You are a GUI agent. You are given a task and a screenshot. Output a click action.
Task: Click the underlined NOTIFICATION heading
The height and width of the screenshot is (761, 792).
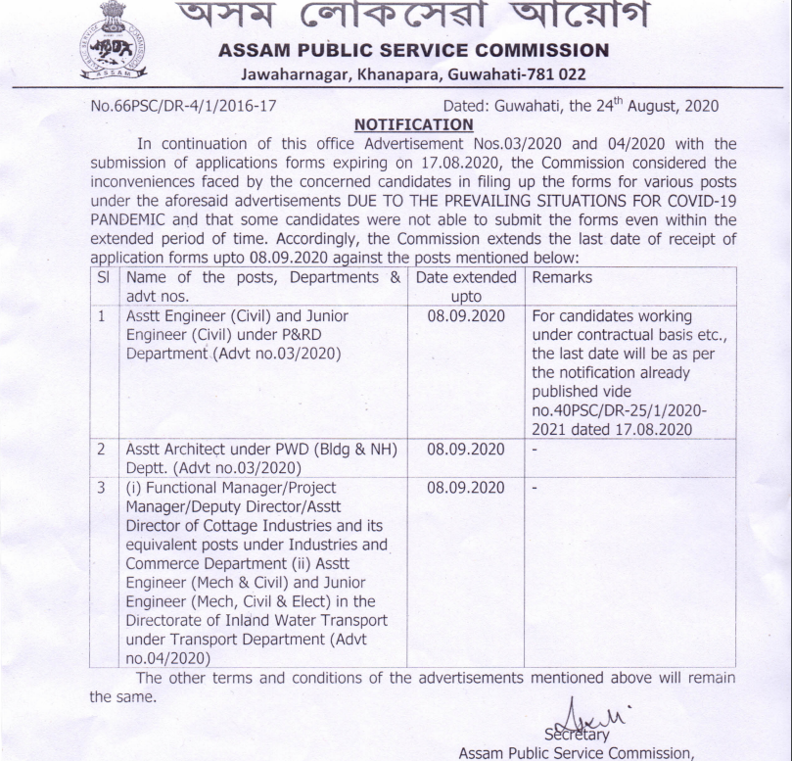point(413,124)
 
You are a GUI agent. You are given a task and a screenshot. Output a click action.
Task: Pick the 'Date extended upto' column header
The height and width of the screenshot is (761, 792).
point(466,286)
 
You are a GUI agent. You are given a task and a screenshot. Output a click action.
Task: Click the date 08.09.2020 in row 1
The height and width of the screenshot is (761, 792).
point(466,316)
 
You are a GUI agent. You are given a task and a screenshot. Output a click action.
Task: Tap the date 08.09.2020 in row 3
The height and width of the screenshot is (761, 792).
point(466,487)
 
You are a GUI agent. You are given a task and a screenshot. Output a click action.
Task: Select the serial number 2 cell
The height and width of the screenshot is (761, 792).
point(103,450)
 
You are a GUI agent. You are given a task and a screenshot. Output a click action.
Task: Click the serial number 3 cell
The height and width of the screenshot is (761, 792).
point(103,487)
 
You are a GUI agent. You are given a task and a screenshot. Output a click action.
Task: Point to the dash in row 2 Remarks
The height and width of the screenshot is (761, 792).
point(535,450)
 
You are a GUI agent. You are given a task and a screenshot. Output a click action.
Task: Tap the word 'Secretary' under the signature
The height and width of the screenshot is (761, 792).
point(577,734)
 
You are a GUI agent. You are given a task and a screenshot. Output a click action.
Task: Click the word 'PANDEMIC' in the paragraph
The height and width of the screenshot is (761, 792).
point(129,219)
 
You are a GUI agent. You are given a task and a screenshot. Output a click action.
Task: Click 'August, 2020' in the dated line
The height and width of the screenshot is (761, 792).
point(666,106)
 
